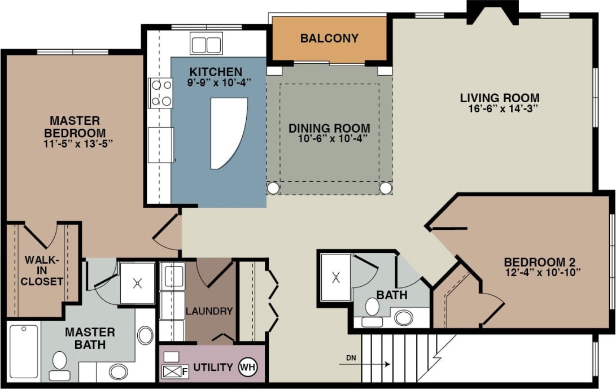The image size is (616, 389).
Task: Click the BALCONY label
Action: (329, 38)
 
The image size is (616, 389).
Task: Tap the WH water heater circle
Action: (247, 367)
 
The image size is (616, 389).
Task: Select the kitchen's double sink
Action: (206, 43)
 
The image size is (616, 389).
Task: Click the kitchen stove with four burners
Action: (160, 93)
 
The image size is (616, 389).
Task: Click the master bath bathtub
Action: (24, 351)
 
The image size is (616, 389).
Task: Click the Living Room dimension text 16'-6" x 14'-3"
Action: (499, 109)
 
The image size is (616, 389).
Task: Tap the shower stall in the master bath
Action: (137, 283)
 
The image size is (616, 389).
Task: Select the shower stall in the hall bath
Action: (335, 277)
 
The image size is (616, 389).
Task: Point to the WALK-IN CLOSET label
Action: (43, 270)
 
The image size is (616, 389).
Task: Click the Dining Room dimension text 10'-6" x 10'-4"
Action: (330, 139)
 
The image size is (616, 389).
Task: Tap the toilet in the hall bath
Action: (372, 310)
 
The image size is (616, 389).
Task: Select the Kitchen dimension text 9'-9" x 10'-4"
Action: (219, 82)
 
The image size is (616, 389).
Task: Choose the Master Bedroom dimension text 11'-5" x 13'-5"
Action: (74, 143)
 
